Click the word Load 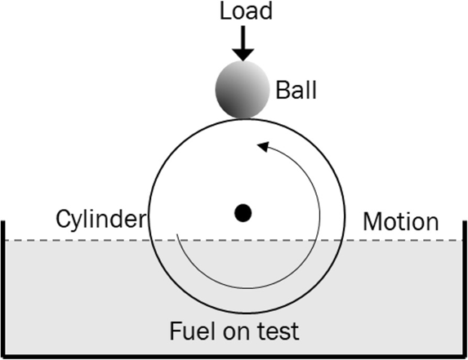click(x=246, y=11)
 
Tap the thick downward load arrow click(x=243, y=43)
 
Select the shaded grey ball click(x=243, y=90)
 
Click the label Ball click(x=296, y=90)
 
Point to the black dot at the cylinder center click(x=243, y=213)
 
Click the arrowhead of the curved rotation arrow click(x=264, y=146)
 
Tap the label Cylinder click(x=101, y=219)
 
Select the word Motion click(x=401, y=221)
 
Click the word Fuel click(x=194, y=331)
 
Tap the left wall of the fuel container click(x=3, y=288)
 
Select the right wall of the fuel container click(x=465, y=288)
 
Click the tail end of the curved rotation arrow click(x=177, y=234)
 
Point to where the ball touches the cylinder click(x=244, y=118)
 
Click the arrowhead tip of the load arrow click(x=243, y=61)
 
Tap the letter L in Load click(x=225, y=11)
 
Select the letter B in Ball click(x=282, y=90)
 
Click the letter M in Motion click(x=372, y=221)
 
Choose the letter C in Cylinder click(x=63, y=219)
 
